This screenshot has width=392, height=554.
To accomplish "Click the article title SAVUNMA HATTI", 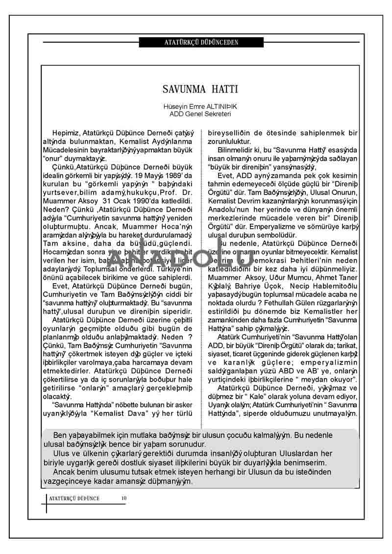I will coord(200,90).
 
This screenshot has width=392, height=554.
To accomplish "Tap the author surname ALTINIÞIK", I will coord(219,106).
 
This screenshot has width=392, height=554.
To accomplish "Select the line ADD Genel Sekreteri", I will coord(200,114).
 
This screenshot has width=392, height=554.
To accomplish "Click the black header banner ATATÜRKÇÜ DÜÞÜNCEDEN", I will coord(201,43).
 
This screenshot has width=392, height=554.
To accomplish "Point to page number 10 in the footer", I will coord(124,498).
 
